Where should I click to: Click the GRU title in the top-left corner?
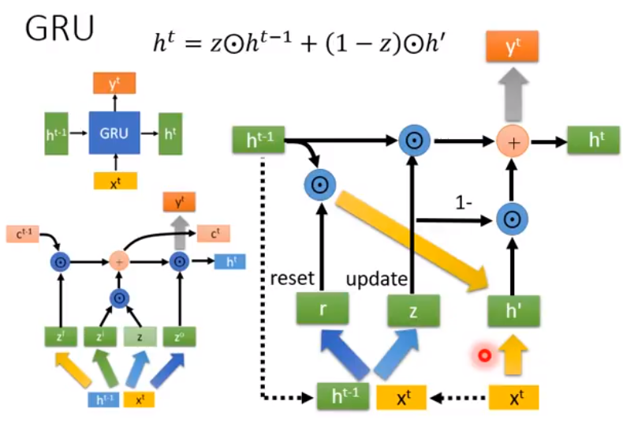[60, 30]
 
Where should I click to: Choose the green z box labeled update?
[412, 310]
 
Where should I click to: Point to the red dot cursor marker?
[484, 356]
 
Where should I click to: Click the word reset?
[293, 280]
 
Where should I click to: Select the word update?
[376, 280]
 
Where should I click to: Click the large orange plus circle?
[512, 143]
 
